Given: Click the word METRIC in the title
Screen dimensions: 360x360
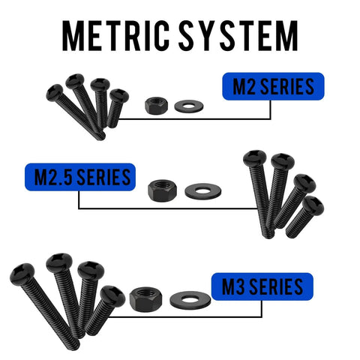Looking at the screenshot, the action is (x=116, y=36).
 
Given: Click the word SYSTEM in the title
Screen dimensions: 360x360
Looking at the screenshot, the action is (x=238, y=36).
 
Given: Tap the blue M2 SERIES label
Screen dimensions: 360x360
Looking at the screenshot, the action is (x=273, y=86).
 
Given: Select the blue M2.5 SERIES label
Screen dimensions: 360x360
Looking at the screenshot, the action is (x=80, y=177).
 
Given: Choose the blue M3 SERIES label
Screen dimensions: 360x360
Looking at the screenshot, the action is (x=262, y=286).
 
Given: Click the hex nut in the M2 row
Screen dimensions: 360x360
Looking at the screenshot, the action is (x=157, y=106).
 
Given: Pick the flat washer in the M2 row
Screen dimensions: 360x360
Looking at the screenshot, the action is (x=189, y=106).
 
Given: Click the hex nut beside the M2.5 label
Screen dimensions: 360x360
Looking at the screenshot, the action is (x=163, y=190).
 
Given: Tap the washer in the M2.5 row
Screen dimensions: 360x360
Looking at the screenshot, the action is (x=203, y=191).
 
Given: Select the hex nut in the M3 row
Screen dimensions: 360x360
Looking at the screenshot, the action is (x=145, y=299).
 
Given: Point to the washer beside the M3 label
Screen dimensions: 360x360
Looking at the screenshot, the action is (x=190, y=300).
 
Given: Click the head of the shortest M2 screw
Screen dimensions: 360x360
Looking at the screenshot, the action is (x=119, y=95).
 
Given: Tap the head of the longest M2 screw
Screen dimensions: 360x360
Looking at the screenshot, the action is (x=55, y=93).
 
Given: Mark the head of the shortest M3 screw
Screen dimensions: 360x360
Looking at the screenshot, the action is (x=112, y=296).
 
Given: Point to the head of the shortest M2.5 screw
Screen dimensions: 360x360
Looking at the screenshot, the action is (x=313, y=205).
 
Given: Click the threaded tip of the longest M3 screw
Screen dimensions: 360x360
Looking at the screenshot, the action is (x=74, y=344).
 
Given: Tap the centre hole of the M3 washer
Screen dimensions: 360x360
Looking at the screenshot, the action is (x=190, y=299).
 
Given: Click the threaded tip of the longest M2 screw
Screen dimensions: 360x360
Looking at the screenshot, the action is (x=101, y=136).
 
